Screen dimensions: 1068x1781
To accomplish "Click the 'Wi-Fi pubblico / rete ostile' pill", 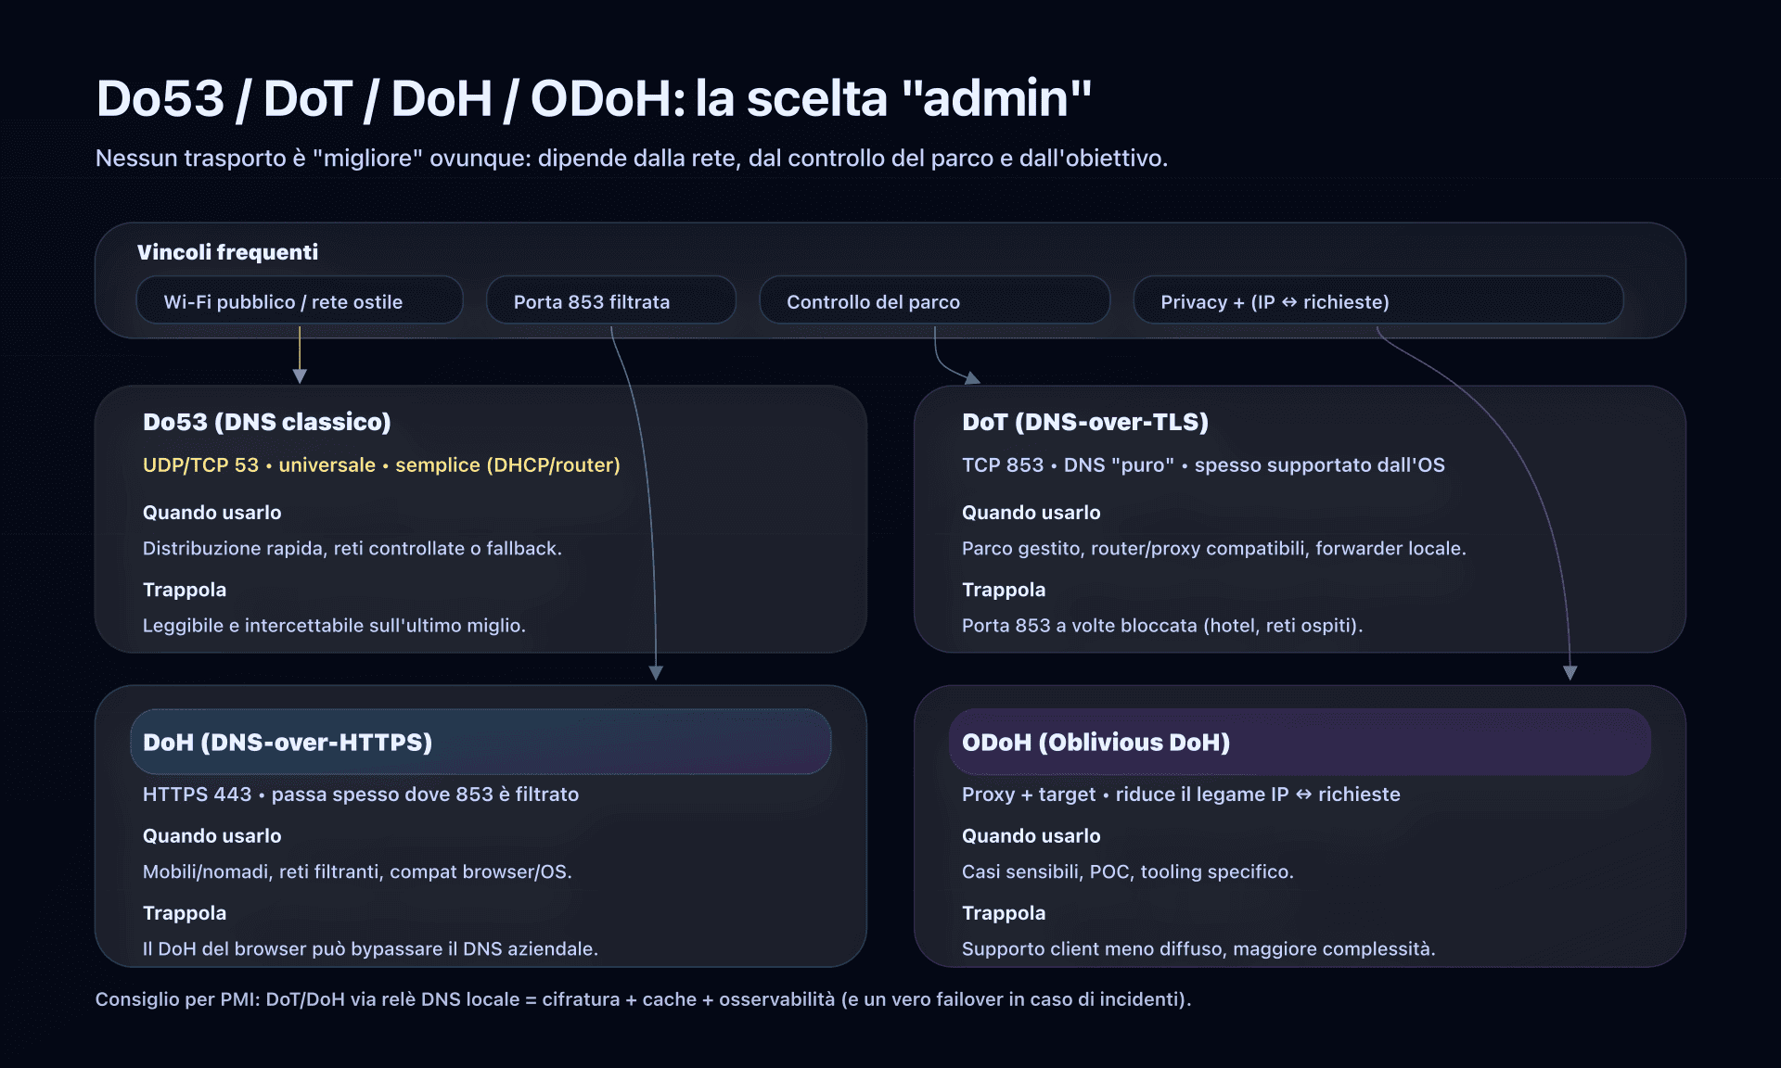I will (299, 301).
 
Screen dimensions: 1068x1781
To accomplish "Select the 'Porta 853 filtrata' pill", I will (610, 301).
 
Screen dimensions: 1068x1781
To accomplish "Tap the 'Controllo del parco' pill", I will (934, 301).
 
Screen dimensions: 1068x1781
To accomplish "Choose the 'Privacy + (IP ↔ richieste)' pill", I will (1377, 301).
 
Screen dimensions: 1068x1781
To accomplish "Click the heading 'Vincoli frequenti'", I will (227, 252).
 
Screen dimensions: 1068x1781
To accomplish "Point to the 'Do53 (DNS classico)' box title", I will (267, 422).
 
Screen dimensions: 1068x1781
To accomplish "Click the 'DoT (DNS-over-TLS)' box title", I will (1085, 422).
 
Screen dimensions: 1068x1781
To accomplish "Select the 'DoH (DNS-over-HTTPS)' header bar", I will (480, 742).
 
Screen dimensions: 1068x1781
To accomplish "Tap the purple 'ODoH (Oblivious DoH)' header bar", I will (1299, 742).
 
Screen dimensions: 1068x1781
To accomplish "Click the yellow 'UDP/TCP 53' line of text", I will (381, 464).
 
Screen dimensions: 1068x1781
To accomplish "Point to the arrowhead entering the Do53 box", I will (300, 375).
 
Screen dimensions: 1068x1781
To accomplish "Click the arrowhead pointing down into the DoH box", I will (656, 672).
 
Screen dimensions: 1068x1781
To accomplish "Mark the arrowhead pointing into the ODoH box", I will (1570, 672).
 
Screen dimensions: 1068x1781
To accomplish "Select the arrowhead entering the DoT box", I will (971, 378).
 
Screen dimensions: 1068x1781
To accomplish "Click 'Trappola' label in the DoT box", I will (1004, 590).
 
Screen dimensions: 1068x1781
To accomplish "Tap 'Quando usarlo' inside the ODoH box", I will (1031, 835).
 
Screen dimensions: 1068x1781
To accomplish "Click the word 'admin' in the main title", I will (996, 98).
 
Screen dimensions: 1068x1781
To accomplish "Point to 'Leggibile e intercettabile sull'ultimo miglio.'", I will (334, 625).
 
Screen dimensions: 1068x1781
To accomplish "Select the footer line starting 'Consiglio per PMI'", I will (643, 998).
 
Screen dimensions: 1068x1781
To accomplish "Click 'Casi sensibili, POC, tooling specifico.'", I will (1127, 871).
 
